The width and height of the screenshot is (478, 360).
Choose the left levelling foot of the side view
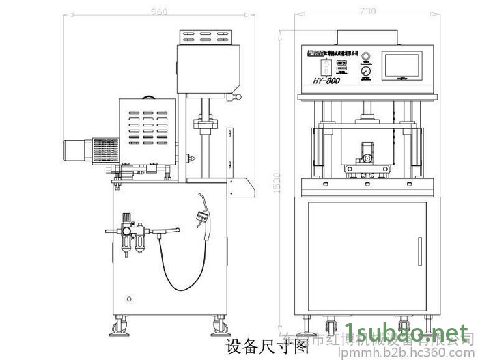point(123,330)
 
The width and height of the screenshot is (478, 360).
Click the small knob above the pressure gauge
point(366,55)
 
